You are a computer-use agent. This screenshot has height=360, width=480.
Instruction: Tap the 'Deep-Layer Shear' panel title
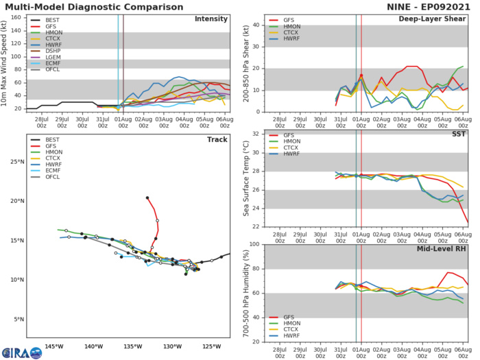(437, 19)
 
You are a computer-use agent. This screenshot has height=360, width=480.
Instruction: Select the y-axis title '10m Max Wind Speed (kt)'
(5, 62)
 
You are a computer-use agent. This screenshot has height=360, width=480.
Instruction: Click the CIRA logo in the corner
(16, 350)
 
